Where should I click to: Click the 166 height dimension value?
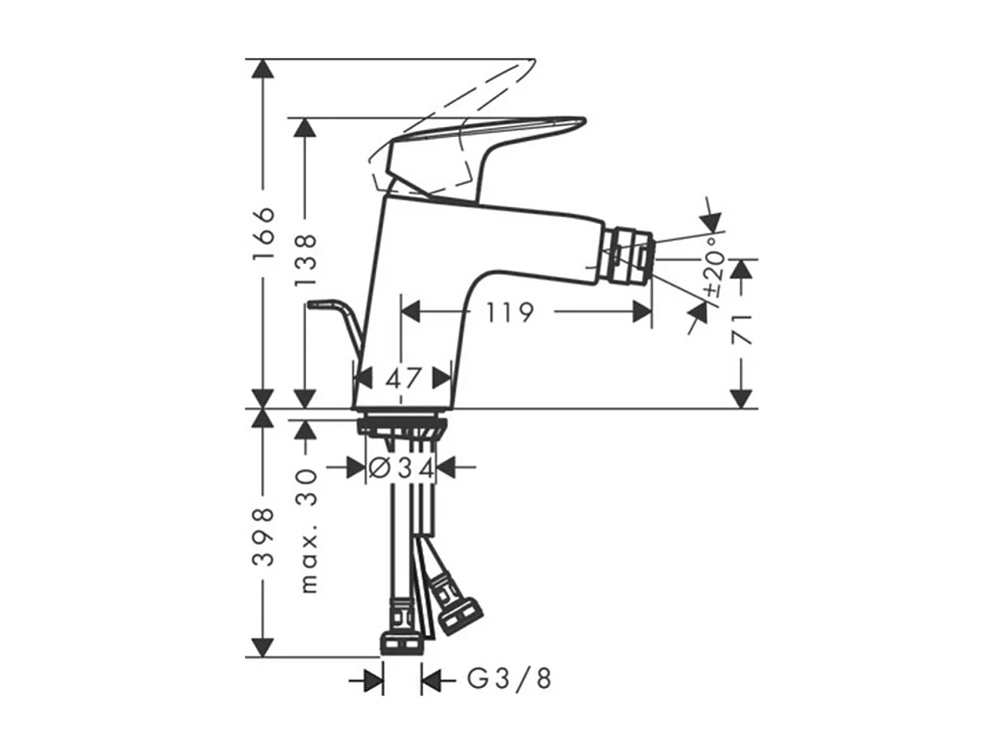point(264,234)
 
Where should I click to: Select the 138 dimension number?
point(305,260)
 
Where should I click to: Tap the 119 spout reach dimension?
point(509,313)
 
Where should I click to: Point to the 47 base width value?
point(402,379)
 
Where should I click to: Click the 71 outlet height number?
point(742,329)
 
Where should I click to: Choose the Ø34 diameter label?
point(401,467)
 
